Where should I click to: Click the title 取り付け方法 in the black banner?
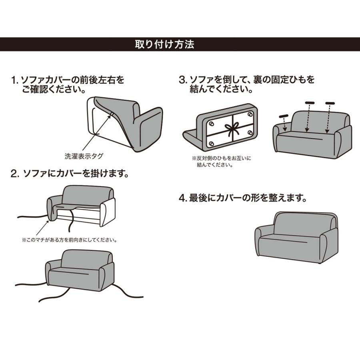click(164, 44)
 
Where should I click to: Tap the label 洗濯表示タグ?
click(81, 156)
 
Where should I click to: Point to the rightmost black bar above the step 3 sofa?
click(330, 103)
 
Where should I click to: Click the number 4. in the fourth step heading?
click(183, 198)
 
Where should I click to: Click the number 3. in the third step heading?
click(183, 80)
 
